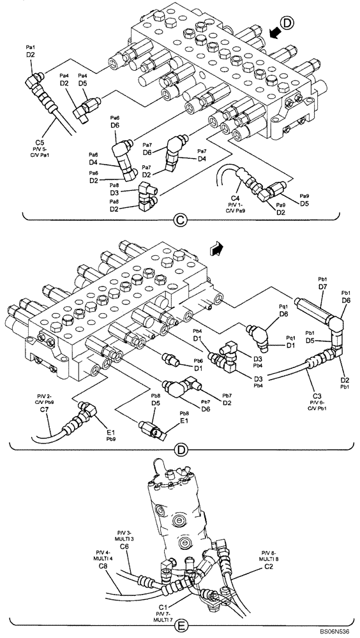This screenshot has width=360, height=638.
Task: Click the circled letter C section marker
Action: (x=180, y=221)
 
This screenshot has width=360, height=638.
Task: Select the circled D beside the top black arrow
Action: (x=287, y=24)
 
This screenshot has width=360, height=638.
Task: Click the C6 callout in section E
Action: (x=124, y=546)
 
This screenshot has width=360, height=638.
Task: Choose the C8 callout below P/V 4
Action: (x=102, y=566)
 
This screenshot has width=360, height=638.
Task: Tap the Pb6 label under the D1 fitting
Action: (x=199, y=360)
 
